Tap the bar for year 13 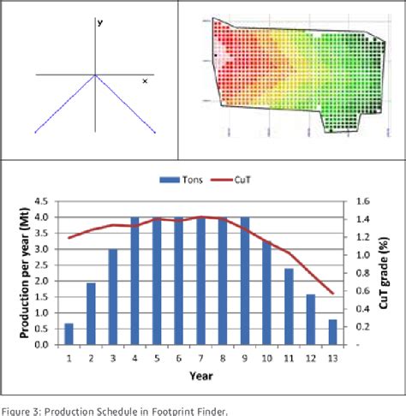[x=332, y=332]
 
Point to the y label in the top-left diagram [x=100, y=23]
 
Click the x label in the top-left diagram [x=145, y=80]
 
